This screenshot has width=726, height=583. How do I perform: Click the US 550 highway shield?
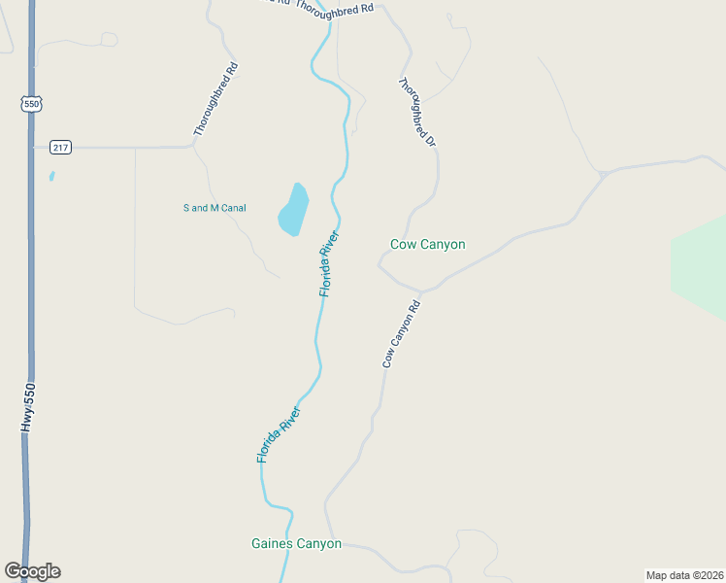click(x=32, y=103)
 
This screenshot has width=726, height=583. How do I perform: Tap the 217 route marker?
click(x=60, y=148)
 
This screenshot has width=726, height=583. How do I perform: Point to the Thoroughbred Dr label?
click(x=417, y=113)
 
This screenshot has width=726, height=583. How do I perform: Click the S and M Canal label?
click(x=214, y=208)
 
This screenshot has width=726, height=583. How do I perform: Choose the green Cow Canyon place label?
click(x=427, y=245)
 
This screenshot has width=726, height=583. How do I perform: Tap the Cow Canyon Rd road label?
click(x=401, y=333)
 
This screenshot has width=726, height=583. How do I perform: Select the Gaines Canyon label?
click(x=296, y=544)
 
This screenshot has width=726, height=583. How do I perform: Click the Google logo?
click(x=32, y=571)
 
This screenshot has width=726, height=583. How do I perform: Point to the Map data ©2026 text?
click(x=684, y=574)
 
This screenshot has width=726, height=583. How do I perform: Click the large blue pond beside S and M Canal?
click(x=293, y=209)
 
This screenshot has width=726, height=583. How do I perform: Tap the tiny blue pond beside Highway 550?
click(x=51, y=177)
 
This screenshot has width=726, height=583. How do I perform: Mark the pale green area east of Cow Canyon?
click(x=701, y=267)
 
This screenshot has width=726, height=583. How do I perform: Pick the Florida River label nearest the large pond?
click(x=330, y=263)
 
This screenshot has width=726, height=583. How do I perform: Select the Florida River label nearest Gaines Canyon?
click(x=280, y=433)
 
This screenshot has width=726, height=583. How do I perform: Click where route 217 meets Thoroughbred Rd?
click(x=194, y=147)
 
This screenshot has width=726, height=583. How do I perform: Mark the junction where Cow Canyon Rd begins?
click(x=422, y=291)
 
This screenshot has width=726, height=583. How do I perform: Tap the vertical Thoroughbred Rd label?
click(x=214, y=99)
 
